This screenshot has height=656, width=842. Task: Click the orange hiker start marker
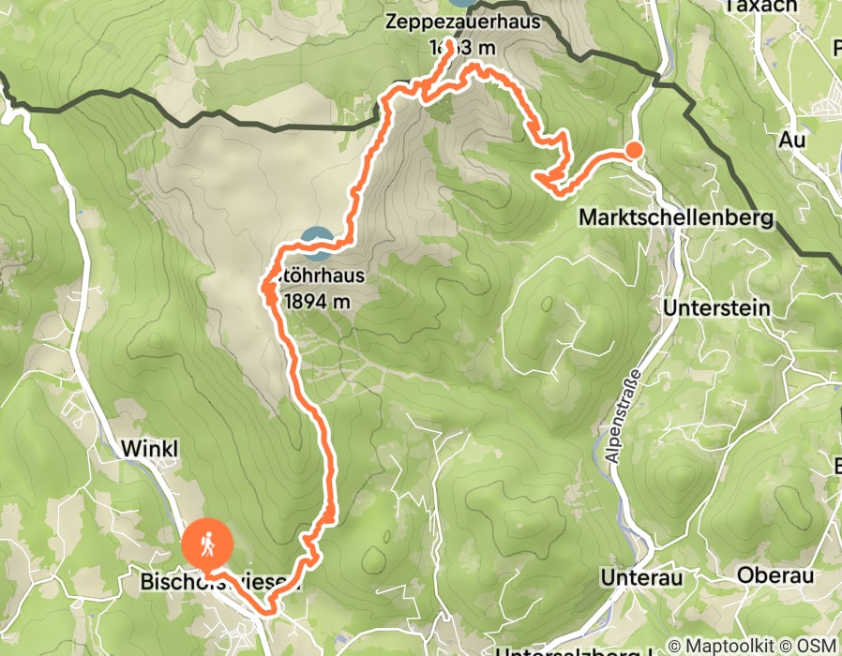coord(207,543)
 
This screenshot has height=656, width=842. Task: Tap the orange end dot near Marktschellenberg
coord(634,150)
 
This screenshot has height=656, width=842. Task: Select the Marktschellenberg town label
coord(677,218)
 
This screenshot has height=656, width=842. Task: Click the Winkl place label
coord(148,450)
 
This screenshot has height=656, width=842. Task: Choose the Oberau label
coord(774,574)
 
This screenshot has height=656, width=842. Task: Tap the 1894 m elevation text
coord(316,301)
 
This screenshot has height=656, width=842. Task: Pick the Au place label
coord(792,140)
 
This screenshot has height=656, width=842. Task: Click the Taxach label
coord(760,6)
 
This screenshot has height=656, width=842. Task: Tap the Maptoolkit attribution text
coord(729,646)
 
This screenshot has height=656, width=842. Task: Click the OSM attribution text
coord(816,646)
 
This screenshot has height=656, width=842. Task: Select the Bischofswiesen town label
coord(220,584)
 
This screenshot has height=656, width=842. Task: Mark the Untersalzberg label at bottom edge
coord(572,651)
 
